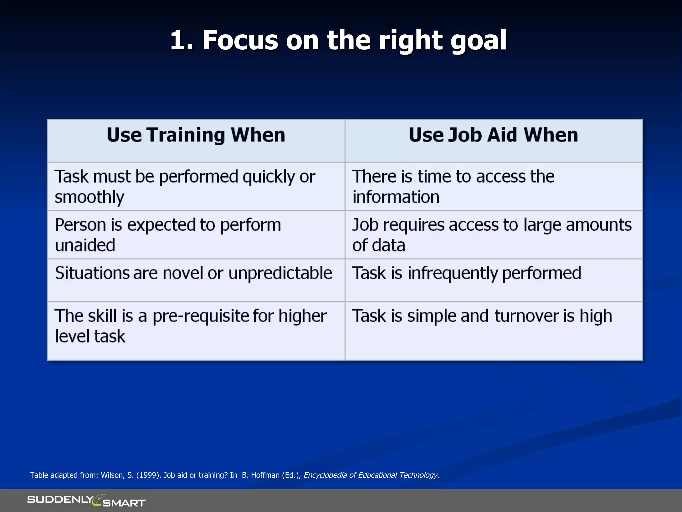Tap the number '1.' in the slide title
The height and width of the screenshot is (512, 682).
(x=182, y=41)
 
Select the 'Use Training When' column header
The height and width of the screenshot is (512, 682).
(x=196, y=135)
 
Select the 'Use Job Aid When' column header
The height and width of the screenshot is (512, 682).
(x=493, y=135)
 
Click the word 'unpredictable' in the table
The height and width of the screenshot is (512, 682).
(x=280, y=273)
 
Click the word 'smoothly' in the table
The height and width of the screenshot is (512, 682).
(x=89, y=197)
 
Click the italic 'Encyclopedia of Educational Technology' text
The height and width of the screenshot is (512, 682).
(x=371, y=475)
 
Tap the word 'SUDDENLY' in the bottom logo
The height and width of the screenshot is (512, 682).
(x=60, y=499)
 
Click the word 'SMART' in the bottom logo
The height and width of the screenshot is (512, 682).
(x=124, y=503)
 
